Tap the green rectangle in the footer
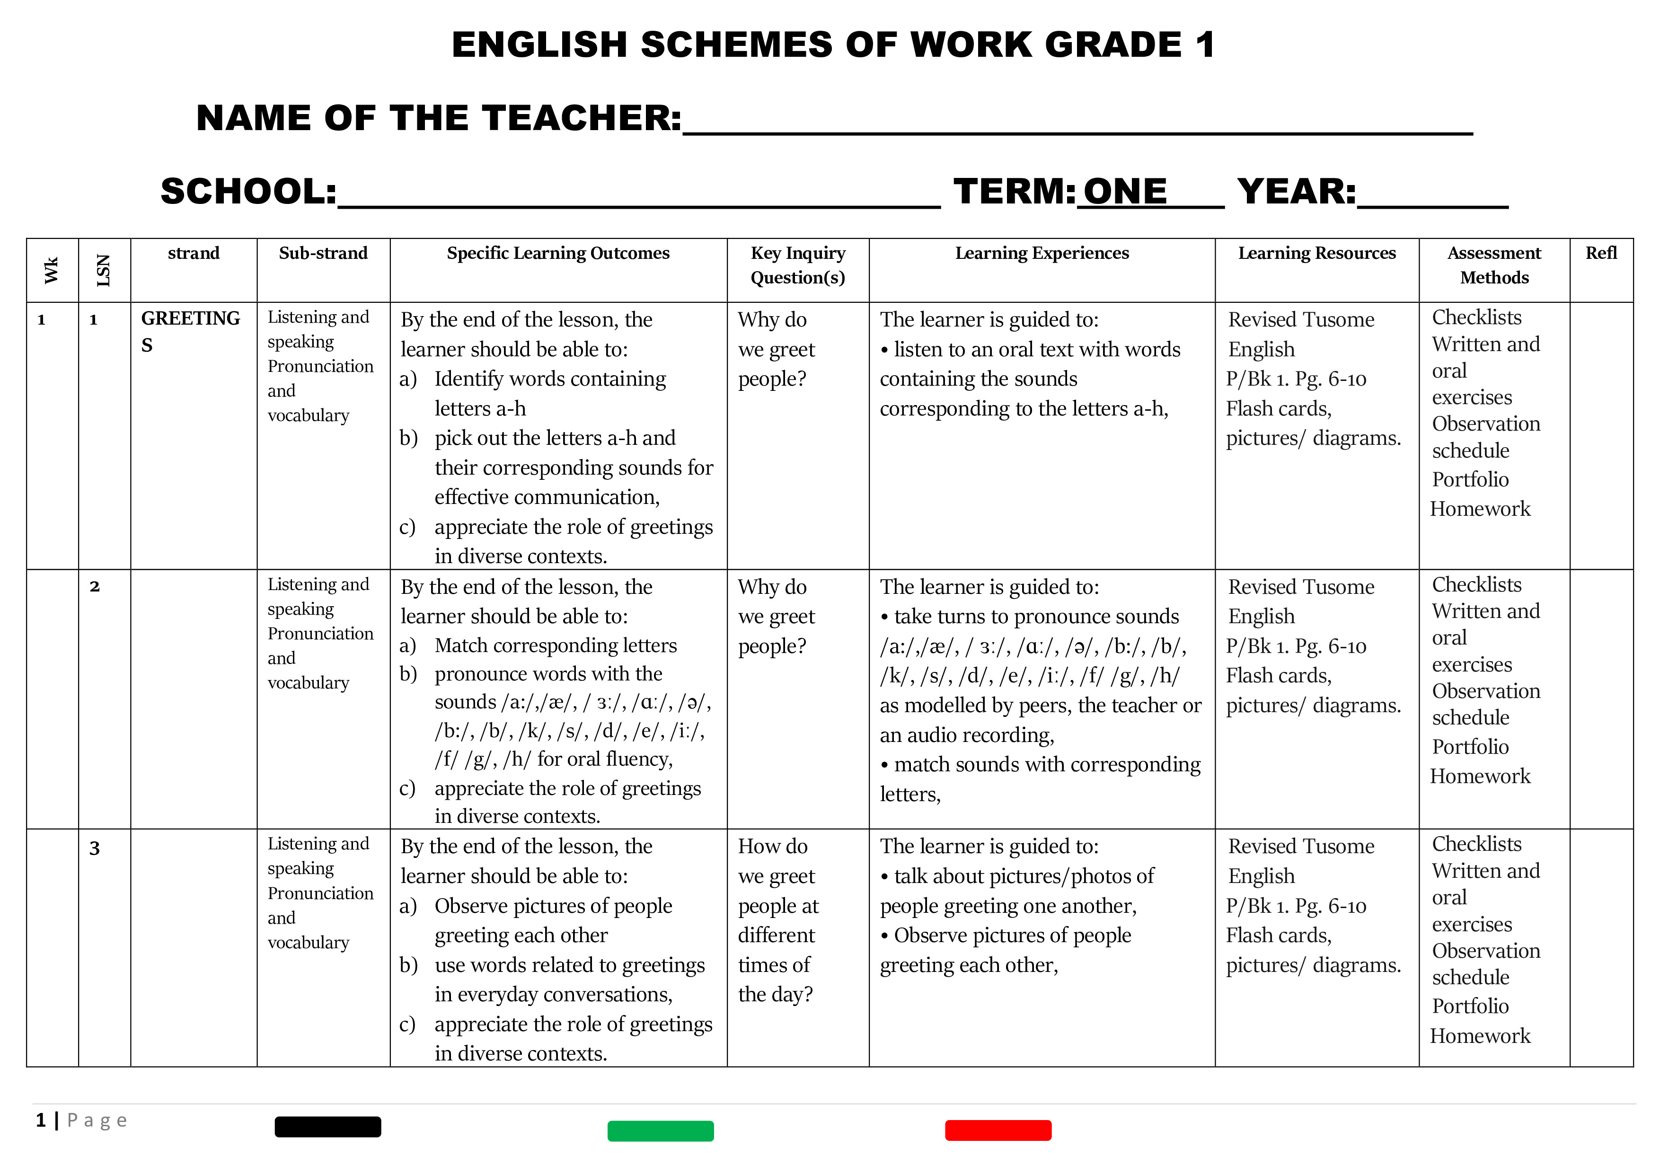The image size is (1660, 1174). [x=660, y=1130]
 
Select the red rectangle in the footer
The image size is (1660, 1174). [x=998, y=1130]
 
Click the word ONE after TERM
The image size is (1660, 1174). [x=1125, y=192]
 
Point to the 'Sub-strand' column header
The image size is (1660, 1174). [x=323, y=253]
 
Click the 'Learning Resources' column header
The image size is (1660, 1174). [x=1316, y=253]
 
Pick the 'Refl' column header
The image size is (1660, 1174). [x=1601, y=253]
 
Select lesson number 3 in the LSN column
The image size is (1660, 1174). [x=95, y=848]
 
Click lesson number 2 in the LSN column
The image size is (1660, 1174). [x=95, y=586]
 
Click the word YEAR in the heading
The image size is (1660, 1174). [x=1296, y=192]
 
